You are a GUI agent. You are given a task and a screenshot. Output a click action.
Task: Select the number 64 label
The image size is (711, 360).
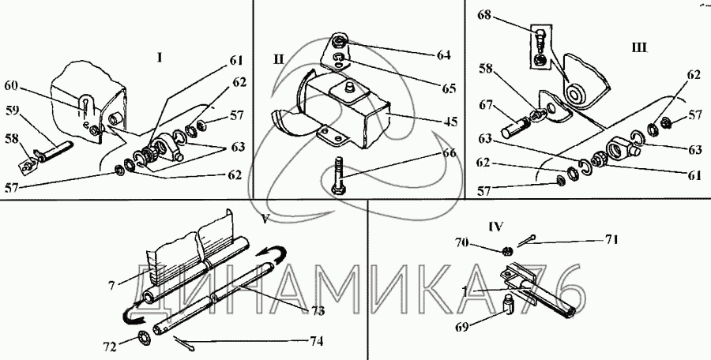(x=443, y=55)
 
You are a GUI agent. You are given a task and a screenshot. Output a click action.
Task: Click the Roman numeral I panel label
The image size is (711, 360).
(x=160, y=57)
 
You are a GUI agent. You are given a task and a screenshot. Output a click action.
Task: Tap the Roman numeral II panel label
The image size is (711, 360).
(x=280, y=59)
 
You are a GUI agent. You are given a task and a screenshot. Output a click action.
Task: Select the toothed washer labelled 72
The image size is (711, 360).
(x=145, y=339)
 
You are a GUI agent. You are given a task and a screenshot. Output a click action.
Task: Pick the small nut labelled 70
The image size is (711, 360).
(x=508, y=251)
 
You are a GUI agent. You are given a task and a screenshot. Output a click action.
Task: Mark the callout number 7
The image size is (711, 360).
(x=112, y=282)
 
